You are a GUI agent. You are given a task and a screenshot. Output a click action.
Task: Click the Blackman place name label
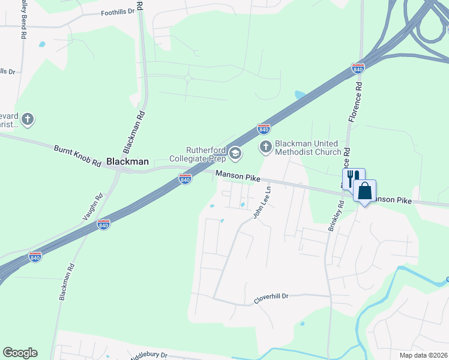127,161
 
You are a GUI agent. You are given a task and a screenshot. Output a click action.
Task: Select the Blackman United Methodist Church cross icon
266,146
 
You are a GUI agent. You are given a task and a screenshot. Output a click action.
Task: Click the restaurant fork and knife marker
354,178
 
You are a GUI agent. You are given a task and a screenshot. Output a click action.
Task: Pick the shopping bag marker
364,191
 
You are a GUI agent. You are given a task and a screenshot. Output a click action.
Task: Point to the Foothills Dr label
118,12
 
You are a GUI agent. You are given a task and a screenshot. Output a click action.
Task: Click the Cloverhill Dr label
271,296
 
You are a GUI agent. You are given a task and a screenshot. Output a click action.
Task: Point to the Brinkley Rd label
334,216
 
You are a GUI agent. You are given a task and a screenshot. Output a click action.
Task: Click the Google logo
20,353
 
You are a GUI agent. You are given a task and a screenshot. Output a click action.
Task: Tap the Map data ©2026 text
423,355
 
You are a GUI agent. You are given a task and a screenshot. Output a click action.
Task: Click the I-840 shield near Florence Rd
358,68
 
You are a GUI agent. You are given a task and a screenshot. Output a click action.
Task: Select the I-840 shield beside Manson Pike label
185,179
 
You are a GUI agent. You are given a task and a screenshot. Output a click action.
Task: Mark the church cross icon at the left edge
28,120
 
